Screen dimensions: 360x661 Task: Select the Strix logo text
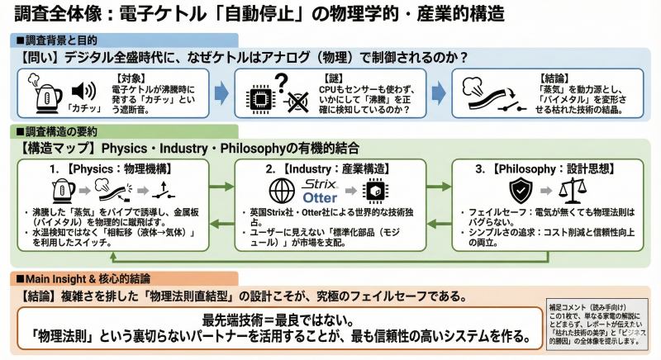pyautogui.click(x=320, y=183)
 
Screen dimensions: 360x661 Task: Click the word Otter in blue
pyautogui.click(x=320, y=199)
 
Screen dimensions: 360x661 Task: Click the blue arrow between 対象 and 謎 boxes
pyautogui.click(x=221, y=92)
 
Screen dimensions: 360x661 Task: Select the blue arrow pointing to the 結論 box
pyautogui.click(x=438, y=92)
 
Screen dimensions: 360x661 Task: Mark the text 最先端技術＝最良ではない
pyautogui.click(x=273, y=320)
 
